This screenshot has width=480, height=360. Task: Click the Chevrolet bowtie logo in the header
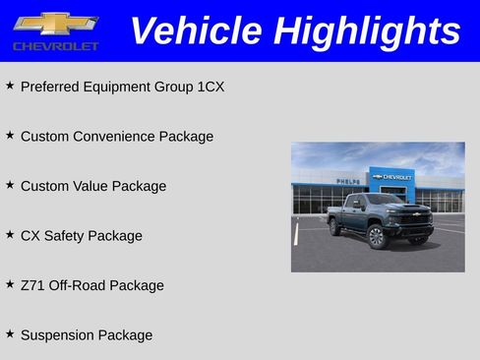tap(55, 23)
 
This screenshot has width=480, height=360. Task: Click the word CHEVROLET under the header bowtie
tap(55, 46)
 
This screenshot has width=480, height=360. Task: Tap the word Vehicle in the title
tap(197, 30)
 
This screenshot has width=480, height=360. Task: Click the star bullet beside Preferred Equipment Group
tap(10, 86)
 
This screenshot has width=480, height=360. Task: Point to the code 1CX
tap(210, 87)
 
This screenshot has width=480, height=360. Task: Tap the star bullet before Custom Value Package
tap(10, 185)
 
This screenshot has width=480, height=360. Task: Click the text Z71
tap(31, 285)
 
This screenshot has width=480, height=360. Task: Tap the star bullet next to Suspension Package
tap(10, 334)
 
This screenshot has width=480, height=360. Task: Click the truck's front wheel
tap(377, 236)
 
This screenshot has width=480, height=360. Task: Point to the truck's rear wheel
tap(336, 226)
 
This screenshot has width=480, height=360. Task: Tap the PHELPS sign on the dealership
tap(347, 181)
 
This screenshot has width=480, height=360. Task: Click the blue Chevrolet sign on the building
tap(392, 177)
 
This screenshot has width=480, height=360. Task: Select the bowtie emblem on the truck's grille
tap(416, 214)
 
